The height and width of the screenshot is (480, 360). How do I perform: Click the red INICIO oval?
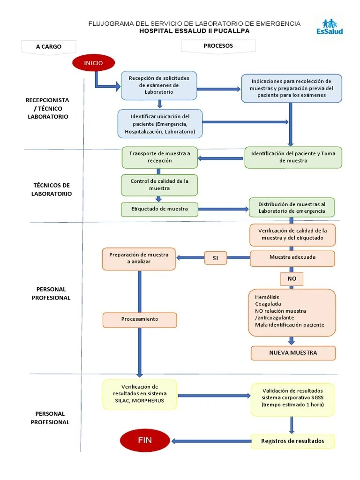click(x=93, y=63)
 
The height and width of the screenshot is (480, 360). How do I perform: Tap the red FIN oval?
click(x=145, y=441)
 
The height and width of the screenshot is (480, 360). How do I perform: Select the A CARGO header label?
click(x=49, y=46)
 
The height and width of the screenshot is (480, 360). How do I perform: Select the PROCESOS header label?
click(x=218, y=46)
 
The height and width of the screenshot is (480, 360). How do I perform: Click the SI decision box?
click(x=216, y=258)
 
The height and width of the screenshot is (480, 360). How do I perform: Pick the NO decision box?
click(x=292, y=279)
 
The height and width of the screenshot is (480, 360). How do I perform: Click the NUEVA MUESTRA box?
click(x=293, y=353)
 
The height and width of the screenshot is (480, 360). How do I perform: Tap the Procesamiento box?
click(x=140, y=319)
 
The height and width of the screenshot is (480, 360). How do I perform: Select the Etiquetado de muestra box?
click(x=159, y=209)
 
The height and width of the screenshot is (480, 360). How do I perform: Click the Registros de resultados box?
click(x=292, y=441)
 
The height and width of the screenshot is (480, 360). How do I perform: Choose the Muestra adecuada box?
click(x=292, y=257)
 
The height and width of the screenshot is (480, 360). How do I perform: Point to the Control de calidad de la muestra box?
click(x=159, y=185)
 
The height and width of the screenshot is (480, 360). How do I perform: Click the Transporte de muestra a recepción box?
click(x=160, y=157)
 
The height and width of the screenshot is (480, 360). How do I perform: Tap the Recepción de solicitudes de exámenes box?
click(x=158, y=85)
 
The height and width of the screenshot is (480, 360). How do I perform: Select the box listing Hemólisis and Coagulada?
click(x=292, y=312)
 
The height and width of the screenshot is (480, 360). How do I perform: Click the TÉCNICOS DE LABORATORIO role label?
click(x=52, y=189)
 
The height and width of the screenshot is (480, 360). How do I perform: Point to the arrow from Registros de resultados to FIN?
click(x=211, y=441)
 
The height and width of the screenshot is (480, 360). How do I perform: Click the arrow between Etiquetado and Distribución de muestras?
click(x=223, y=209)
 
